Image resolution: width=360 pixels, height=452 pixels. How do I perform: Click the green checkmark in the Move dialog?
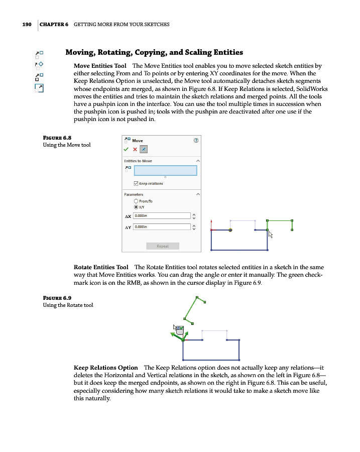[x=127, y=150]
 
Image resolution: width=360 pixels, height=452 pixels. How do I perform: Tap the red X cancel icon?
[x=135, y=150]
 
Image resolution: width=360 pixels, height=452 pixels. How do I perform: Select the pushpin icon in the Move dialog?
[x=144, y=150]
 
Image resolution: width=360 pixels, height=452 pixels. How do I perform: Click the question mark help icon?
[x=196, y=141]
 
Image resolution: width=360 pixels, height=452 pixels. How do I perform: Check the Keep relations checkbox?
[x=136, y=183]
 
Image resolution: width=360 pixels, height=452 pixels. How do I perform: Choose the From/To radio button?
[x=136, y=201]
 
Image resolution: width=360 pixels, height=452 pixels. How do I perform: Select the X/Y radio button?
[x=136, y=207]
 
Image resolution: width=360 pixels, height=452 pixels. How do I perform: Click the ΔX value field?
[x=162, y=216]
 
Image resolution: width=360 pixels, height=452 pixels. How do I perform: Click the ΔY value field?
[x=162, y=227]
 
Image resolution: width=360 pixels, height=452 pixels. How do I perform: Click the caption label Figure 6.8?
[x=57, y=138]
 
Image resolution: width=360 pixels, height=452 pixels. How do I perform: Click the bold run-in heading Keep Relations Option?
[x=105, y=368]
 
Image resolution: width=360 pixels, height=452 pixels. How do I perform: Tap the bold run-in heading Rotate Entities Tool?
[x=100, y=267]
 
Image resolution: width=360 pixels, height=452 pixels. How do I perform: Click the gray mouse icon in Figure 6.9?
[x=179, y=329]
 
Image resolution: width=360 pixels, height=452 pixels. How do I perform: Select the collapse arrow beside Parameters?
[x=198, y=194]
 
